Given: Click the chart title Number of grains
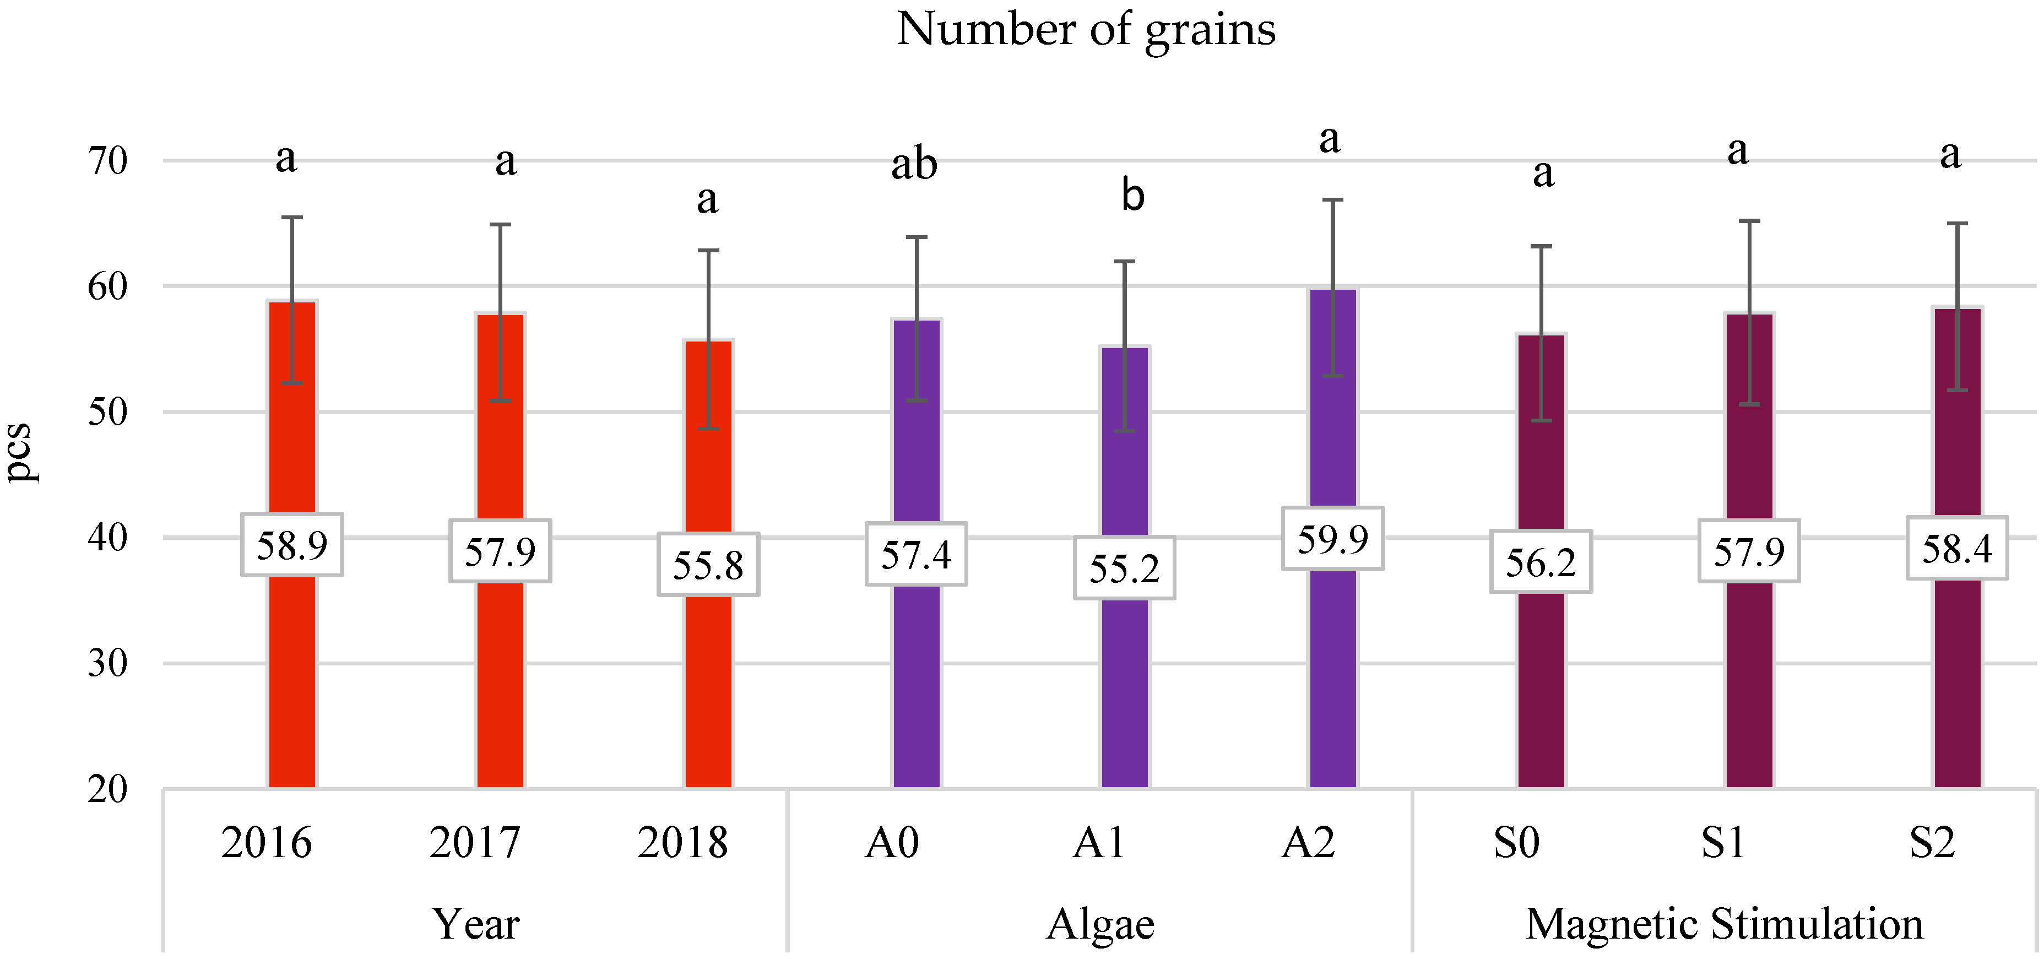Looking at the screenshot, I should click(1086, 30).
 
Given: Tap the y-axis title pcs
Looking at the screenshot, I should click(19, 452).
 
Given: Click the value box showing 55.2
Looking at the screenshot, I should click(1124, 568).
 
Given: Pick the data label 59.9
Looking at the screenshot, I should click(1333, 539).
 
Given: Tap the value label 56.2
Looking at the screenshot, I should click(1541, 562).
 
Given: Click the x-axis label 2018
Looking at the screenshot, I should click(682, 842).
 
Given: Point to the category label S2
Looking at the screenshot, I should click(1932, 842).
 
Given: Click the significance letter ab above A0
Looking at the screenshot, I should click(914, 165).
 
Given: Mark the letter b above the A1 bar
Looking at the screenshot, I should click(1132, 196).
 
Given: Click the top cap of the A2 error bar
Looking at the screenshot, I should click(1333, 200).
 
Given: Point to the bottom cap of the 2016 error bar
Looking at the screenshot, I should click(292, 383).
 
